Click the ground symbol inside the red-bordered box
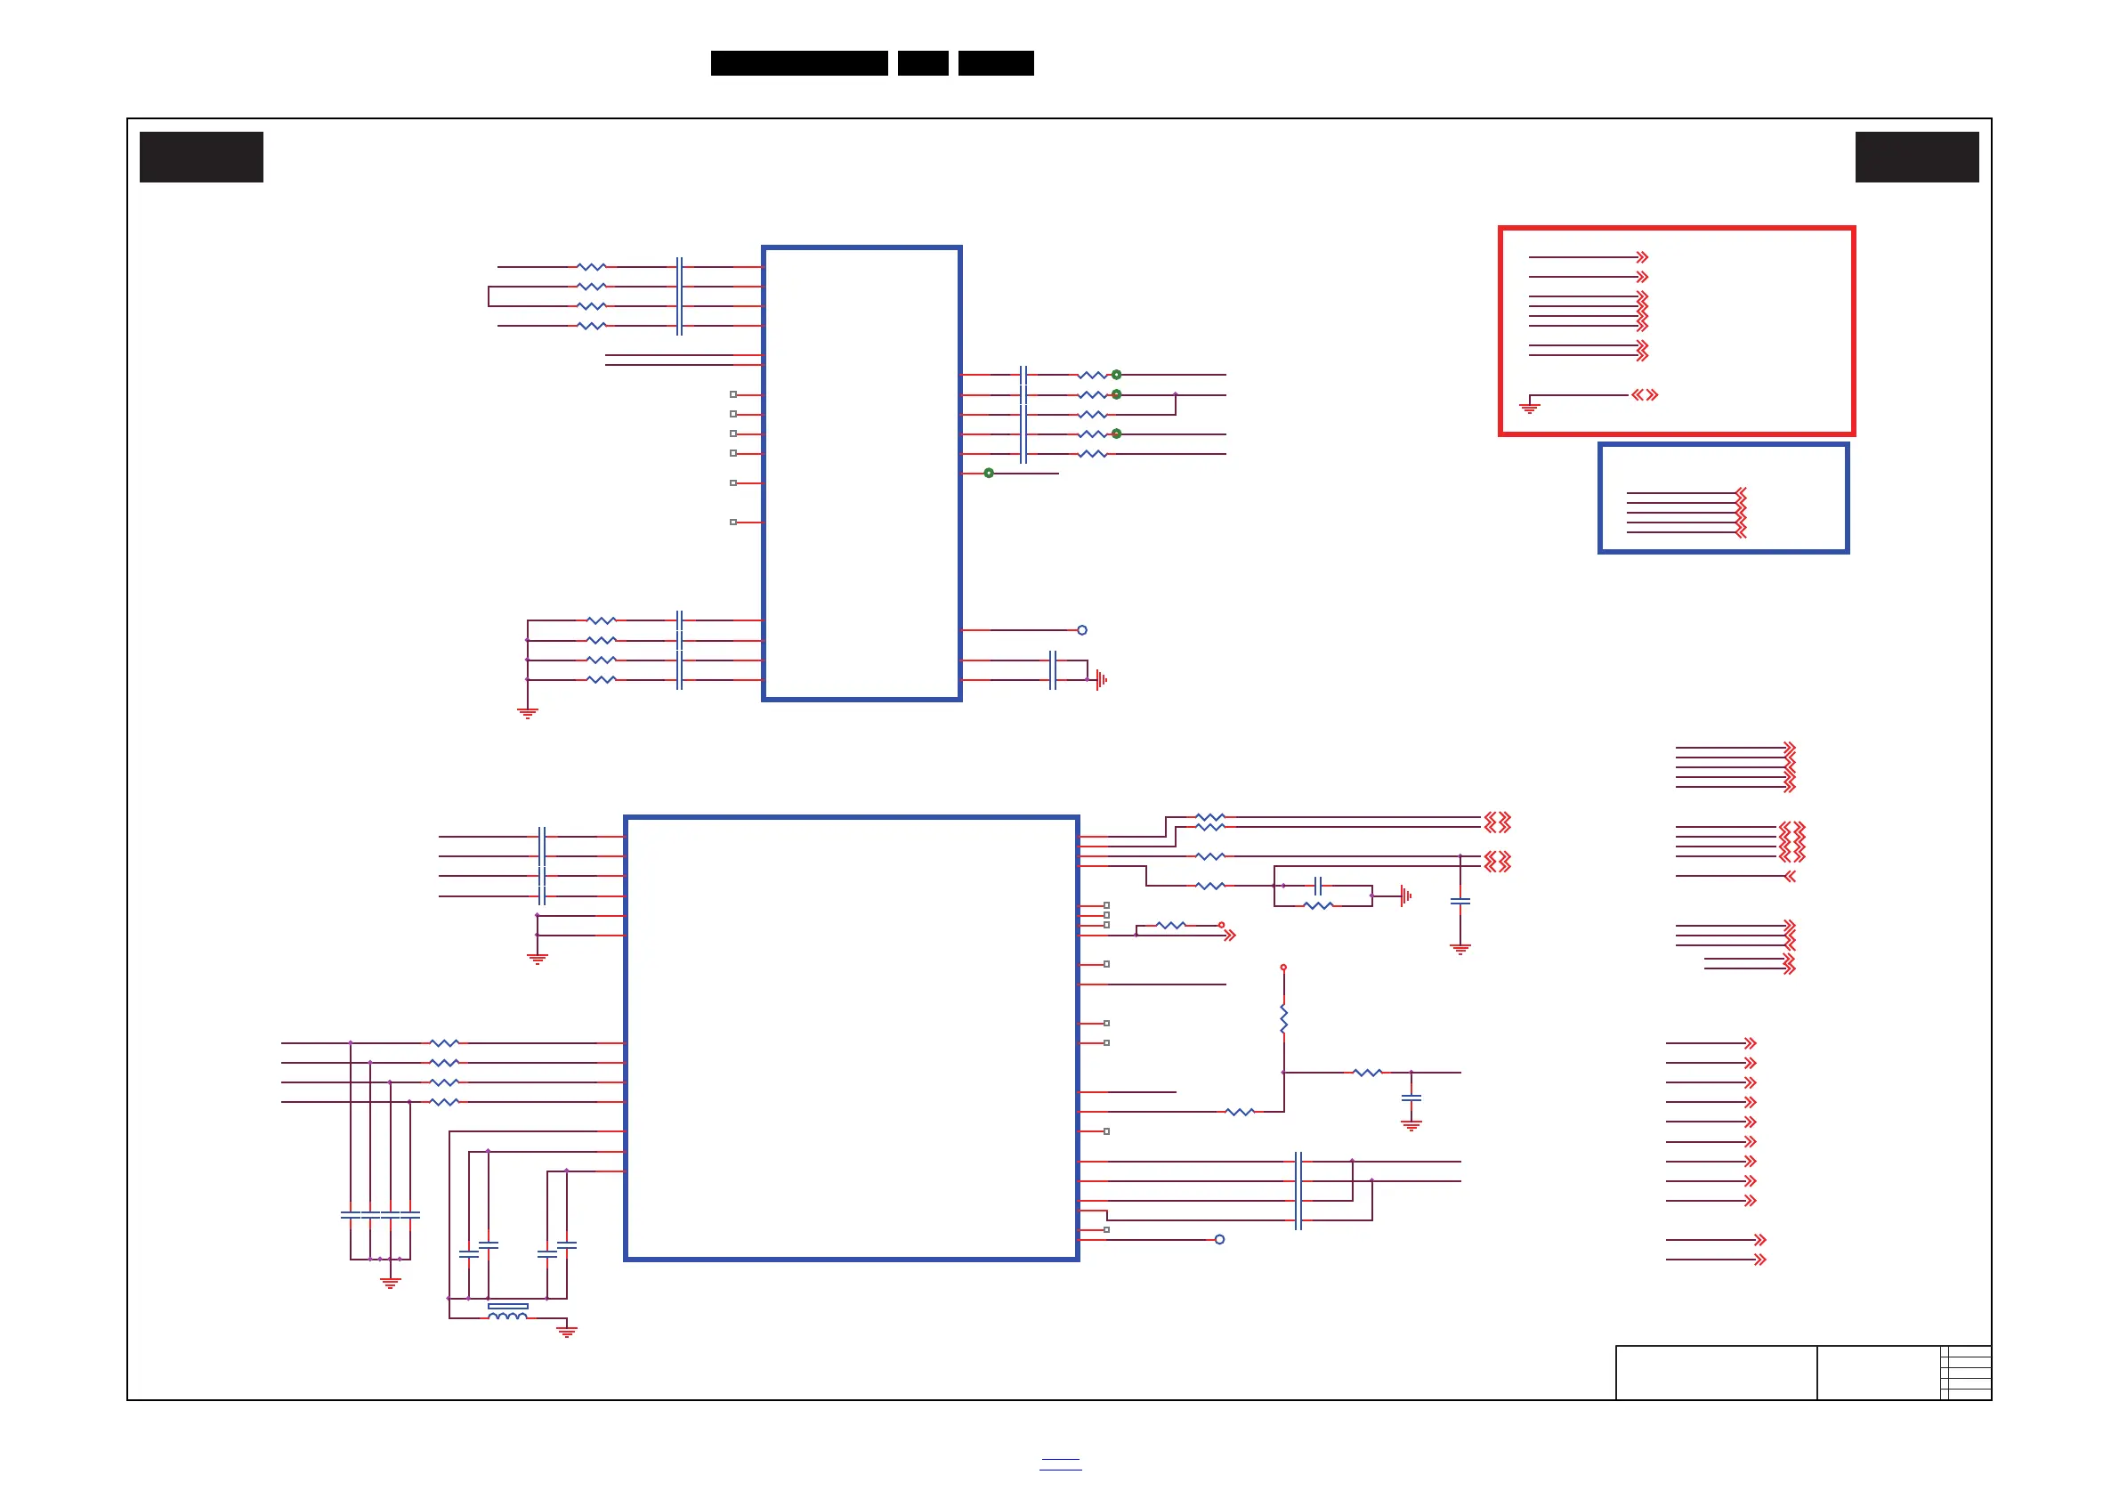(1529, 406)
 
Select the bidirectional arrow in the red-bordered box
(1645, 395)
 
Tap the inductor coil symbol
(506, 1317)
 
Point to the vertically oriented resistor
(1283, 1019)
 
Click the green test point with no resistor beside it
(989, 474)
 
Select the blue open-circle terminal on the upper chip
(1082, 630)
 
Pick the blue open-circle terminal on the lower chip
(1219, 1240)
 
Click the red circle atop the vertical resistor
(1283, 968)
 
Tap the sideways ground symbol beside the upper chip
(1101, 680)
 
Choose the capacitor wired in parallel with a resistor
(1318, 886)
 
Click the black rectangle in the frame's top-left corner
(201, 157)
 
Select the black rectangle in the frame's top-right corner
(1917, 157)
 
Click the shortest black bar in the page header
(923, 63)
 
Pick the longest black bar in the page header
(799, 63)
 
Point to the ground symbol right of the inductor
(567, 1331)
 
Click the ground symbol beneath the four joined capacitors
(391, 1283)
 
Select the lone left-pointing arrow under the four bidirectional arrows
(1790, 876)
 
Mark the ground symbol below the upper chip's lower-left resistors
(527, 713)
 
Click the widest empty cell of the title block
(1716, 1373)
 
